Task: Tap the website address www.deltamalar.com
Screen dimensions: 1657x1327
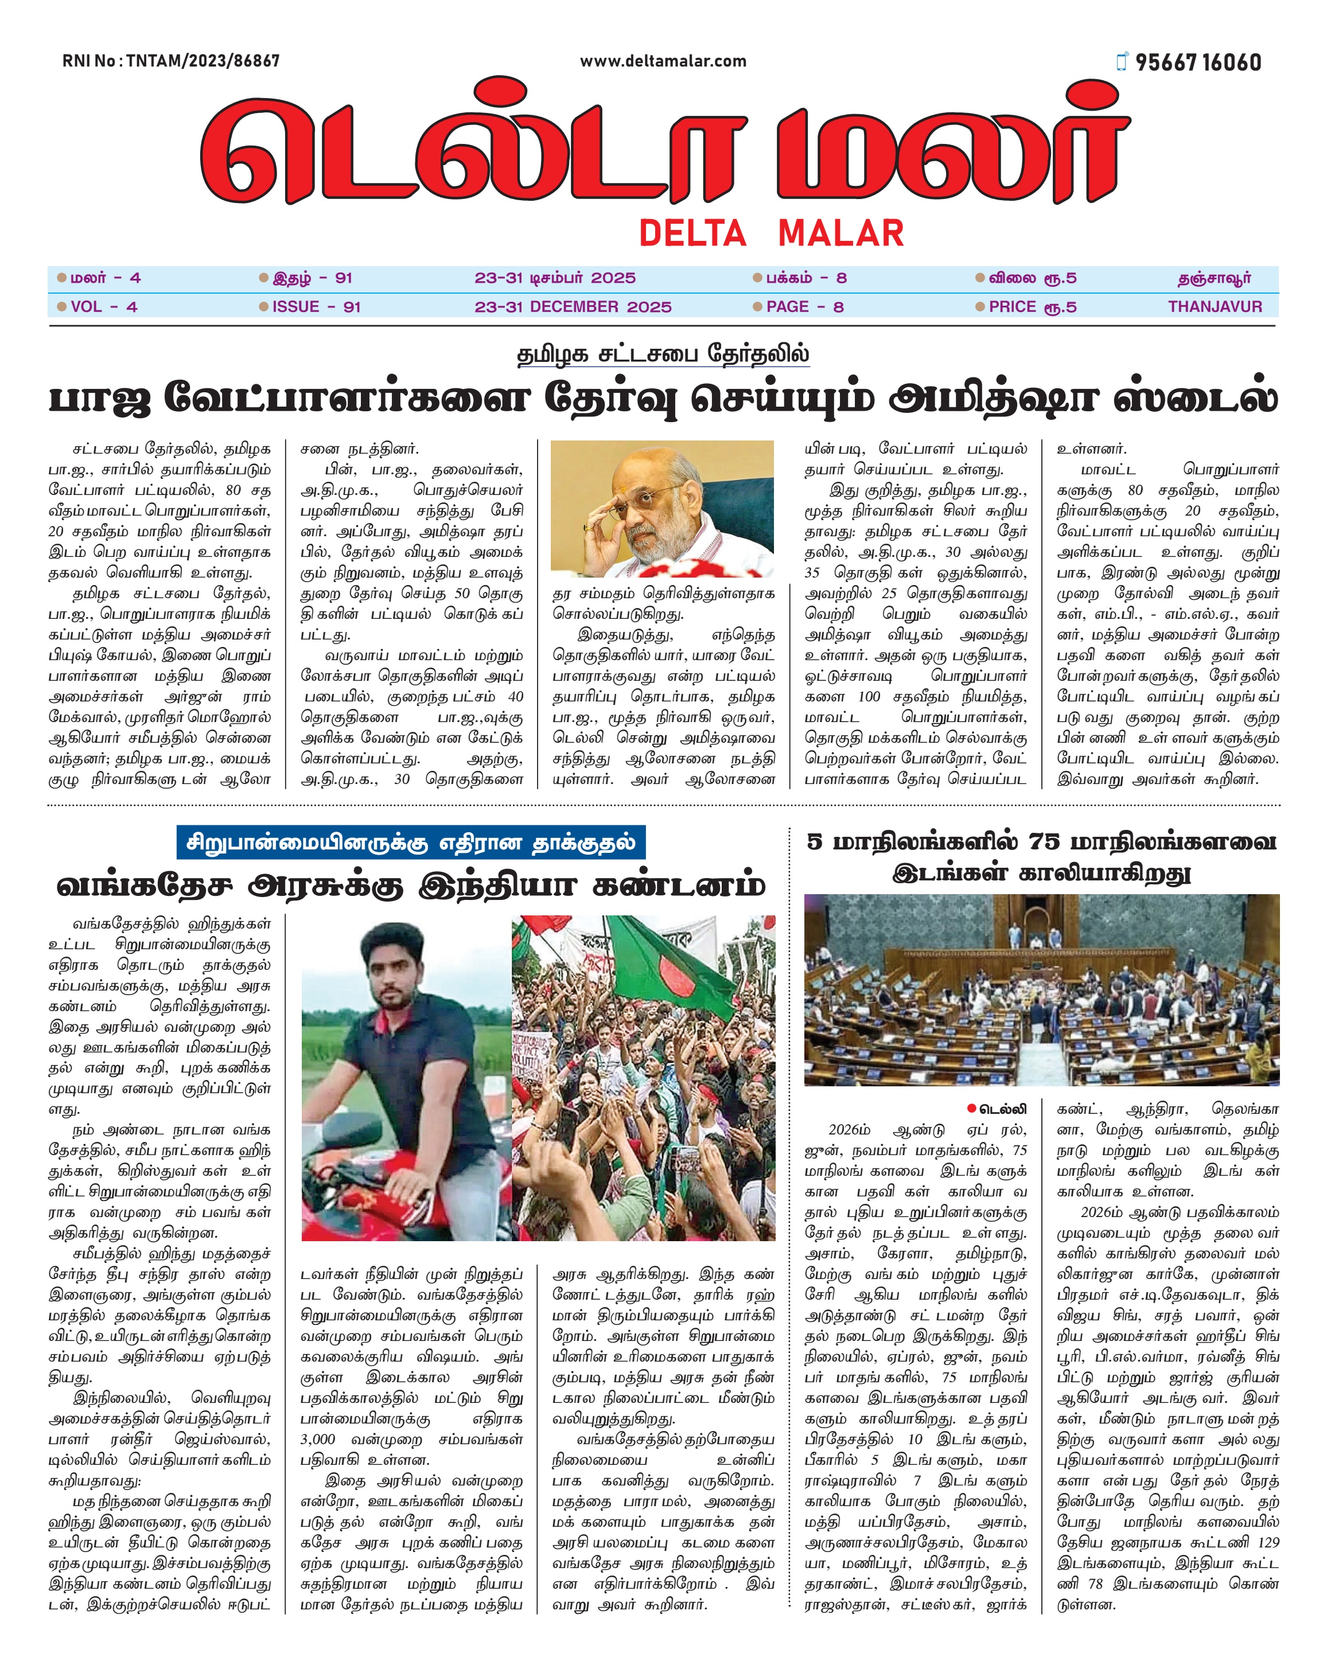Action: [663, 61]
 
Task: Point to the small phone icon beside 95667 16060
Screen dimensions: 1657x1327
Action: [1123, 61]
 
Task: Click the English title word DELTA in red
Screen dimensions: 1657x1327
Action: [692, 233]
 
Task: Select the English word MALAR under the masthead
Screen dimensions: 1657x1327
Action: [841, 233]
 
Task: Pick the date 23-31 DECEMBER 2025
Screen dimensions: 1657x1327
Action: [573, 307]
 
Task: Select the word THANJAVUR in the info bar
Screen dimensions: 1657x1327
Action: [1215, 307]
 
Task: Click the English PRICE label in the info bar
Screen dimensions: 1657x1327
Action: [1012, 307]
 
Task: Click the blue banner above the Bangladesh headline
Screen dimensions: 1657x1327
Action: [411, 843]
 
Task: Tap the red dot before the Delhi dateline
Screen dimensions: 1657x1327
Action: [972, 1108]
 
